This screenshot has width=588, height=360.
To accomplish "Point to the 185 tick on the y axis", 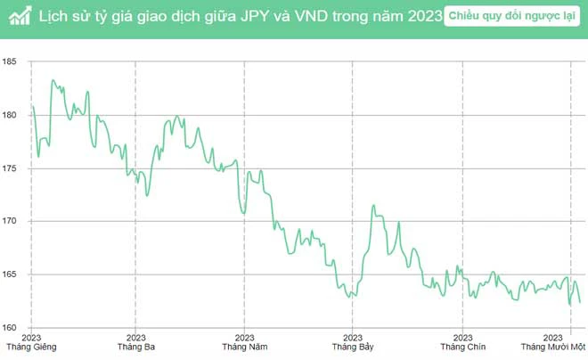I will [x=11, y=61].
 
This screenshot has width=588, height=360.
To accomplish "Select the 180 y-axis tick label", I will [x=11, y=115].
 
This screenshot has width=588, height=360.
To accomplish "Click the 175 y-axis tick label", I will [x=11, y=168].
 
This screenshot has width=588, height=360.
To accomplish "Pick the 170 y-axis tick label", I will [x=11, y=221].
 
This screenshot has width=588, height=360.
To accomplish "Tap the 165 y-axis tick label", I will [x=11, y=274].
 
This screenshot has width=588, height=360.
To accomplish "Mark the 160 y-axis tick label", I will [x=11, y=327].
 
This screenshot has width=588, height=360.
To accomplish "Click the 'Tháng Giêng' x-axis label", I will [x=30, y=347].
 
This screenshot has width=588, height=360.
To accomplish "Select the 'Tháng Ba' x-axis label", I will [x=136, y=347].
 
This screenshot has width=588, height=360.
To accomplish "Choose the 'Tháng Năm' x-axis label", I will [x=244, y=347].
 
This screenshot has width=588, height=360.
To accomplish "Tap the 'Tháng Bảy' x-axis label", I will [x=353, y=347].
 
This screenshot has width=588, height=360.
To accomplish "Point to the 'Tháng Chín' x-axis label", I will [x=462, y=347].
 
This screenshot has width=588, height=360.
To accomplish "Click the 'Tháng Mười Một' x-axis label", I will [x=553, y=347].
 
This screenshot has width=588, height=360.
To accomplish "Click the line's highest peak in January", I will [x=53, y=80].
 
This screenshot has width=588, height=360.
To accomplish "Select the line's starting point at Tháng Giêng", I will [x=31, y=106].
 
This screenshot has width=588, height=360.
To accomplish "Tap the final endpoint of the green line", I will [x=580, y=303].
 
